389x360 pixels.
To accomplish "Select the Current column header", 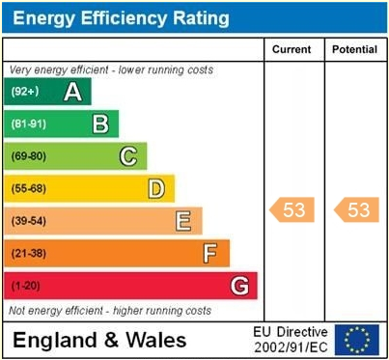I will pyautogui.click(x=292, y=49).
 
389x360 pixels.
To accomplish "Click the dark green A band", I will pyautogui.click(x=48, y=92).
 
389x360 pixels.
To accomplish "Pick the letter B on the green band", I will pyautogui.click(x=99, y=124).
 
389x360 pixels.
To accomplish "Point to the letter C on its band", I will pyautogui.click(x=127, y=156).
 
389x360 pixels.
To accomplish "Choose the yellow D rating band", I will pyautogui.click(x=89, y=188).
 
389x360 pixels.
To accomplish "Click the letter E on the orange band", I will pyautogui.click(x=182, y=221).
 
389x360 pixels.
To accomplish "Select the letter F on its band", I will pyautogui.click(x=209, y=254).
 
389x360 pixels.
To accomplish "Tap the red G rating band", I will pyautogui.click(x=130, y=286).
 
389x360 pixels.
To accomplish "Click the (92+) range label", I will pyautogui.click(x=25, y=92).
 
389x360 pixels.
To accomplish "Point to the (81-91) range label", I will pyautogui.click(x=28, y=124).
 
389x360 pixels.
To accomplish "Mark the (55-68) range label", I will pyautogui.click(x=28, y=188).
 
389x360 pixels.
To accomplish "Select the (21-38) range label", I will pyautogui.click(x=28, y=254).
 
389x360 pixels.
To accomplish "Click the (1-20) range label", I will pyautogui.click(x=25, y=286).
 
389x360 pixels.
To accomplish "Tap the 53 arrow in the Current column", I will pyautogui.click(x=292, y=209).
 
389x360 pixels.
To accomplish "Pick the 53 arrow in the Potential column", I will pyautogui.click(x=355, y=209).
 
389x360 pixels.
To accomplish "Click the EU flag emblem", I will pyautogui.click(x=356, y=339).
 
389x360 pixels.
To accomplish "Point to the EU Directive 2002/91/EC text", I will pyautogui.click(x=290, y=339).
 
